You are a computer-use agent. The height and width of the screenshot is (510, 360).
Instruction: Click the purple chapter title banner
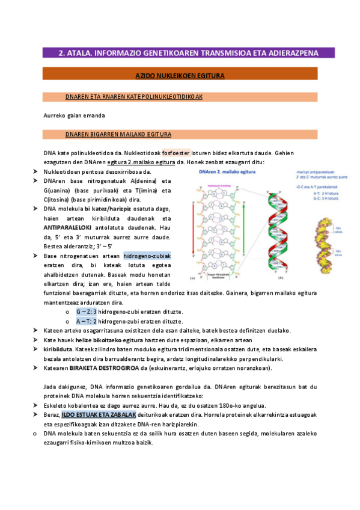(x=188, y=53)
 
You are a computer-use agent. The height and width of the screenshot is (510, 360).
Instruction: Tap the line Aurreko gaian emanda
(x=74, y=115)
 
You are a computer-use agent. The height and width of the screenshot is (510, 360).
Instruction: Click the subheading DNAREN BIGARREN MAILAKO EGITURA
(x=118, y=134)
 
